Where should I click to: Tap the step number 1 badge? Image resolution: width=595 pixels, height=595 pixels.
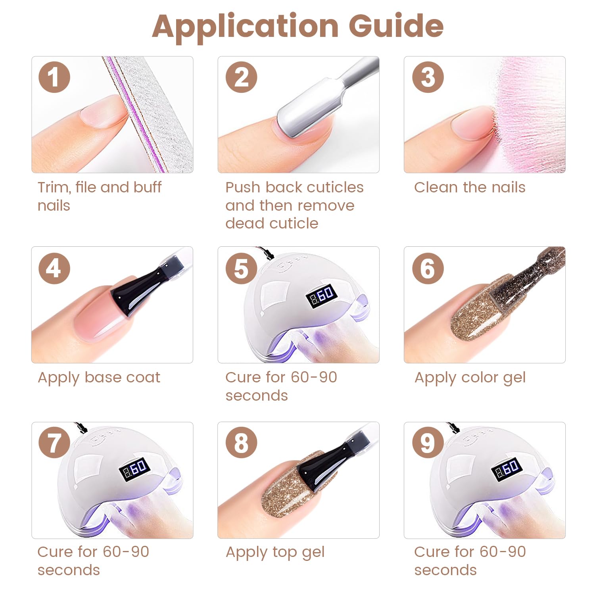click(x=54, y=77)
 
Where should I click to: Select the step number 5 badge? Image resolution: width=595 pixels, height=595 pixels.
click(x=241, y=268)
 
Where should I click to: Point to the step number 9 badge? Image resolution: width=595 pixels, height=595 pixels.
click(x=428, y=443)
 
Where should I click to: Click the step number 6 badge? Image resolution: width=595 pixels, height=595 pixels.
click(x=428, y=268)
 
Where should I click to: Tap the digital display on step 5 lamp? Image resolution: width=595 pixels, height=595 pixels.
click(x=322, y=296)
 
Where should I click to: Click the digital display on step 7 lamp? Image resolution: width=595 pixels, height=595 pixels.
click(x=134, y=468)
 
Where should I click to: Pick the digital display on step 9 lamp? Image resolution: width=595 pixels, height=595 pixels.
click(x=507, y=468)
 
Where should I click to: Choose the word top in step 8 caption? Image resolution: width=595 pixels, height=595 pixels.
click(x=284, y=553)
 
